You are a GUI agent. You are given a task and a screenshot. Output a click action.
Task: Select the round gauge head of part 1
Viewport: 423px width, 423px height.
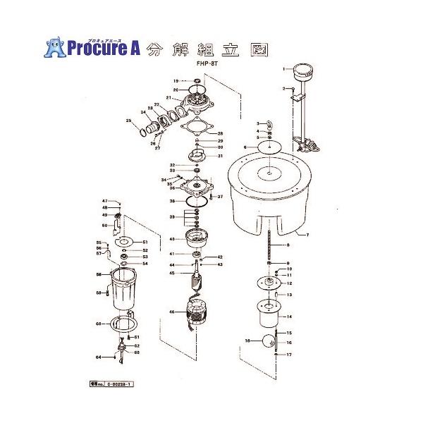click(x=305, y=70)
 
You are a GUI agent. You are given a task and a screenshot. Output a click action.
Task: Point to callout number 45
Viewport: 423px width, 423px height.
click(x=171, y=273)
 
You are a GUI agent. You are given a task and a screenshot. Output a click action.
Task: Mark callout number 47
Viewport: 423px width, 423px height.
click(x=104, y=201)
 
